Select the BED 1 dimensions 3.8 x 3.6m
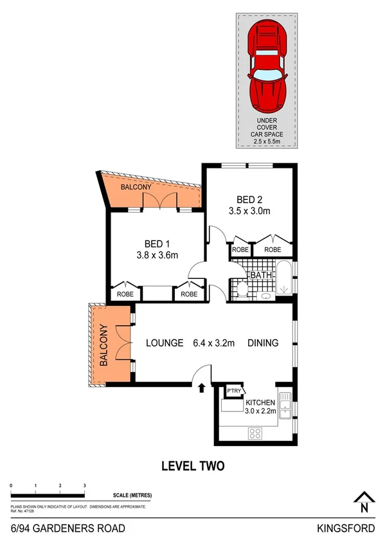pos(156,255)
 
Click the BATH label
pos(261,275)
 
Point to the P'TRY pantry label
pos(231,390)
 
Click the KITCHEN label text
pos(260,402)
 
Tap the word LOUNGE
pos(164,343)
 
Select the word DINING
pos(263,343)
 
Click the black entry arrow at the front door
pos(202,388)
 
